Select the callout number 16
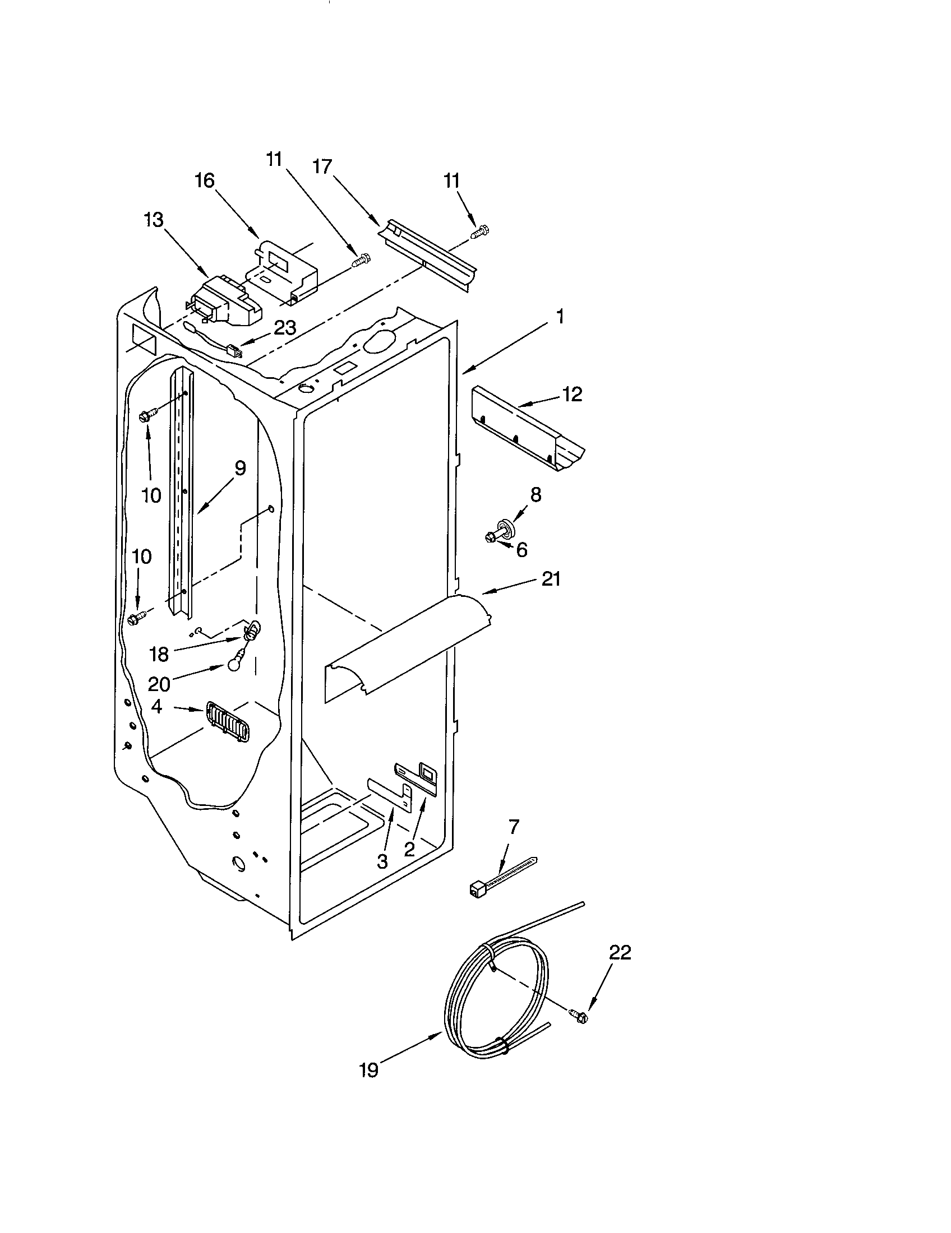coord(205,180)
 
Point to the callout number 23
coord(284,327)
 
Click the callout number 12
coord(571,394)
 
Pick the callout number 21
coord(551,580)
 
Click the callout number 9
coord(240,468)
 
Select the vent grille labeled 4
coord(228,722)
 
